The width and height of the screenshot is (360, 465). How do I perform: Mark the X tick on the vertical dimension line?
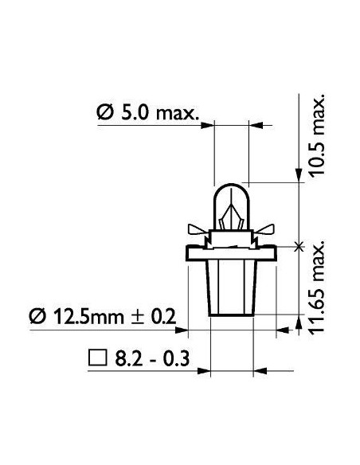[299, 247]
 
